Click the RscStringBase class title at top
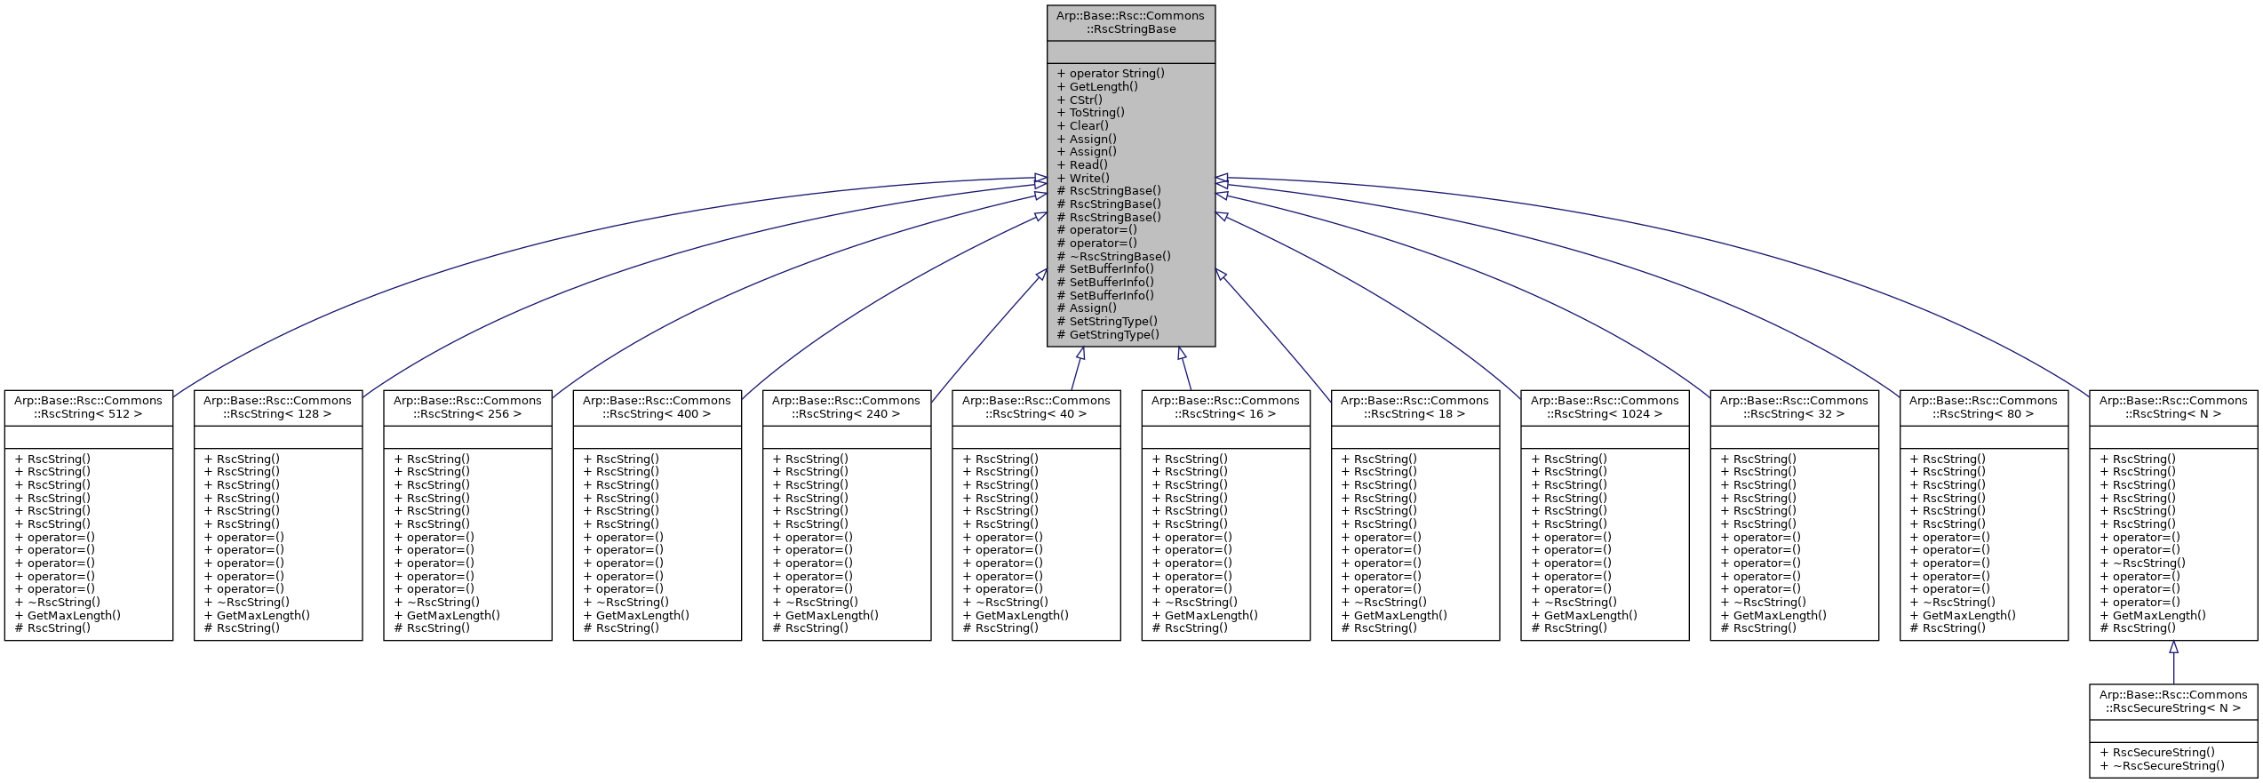(x=1130, y=22)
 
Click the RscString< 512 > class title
(x=88, y=407)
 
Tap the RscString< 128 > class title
(x=278, y=407)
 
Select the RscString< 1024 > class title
(x=1605, y=407)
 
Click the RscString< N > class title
(x=2173, y=407)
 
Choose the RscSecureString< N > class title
(x=2173, y=701)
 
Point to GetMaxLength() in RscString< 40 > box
(x=1021, y=615)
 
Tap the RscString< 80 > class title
(x=1983, y=407)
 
